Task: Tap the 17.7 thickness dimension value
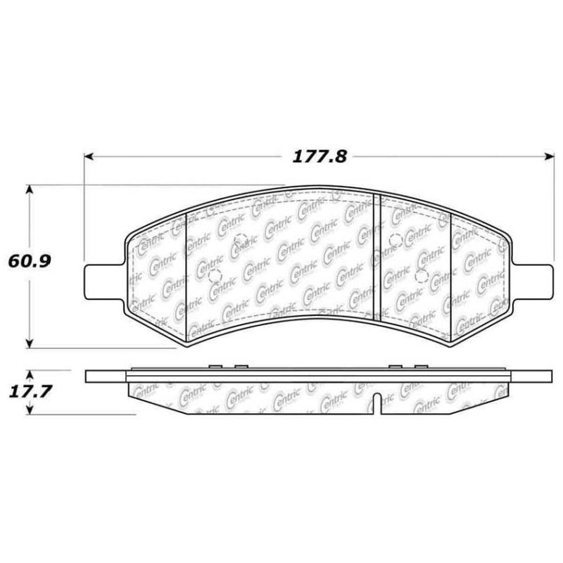[x=29, y=392]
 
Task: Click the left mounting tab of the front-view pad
[x=97, y=281]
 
